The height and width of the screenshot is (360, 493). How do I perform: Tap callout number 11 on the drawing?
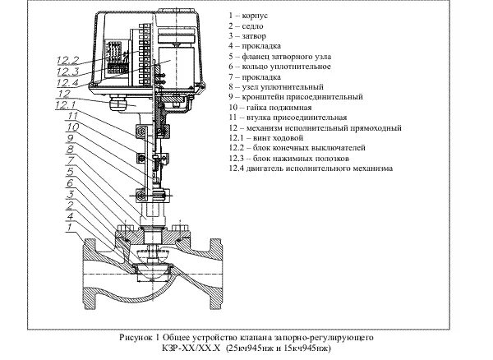pyautogui.click(x=71, y=118)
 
